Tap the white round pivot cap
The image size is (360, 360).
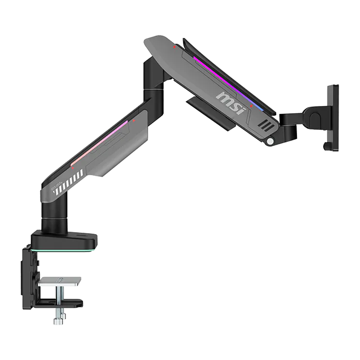click(271, 141)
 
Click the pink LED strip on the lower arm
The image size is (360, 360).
click(99, 143)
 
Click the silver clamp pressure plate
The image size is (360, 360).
click(60, 282)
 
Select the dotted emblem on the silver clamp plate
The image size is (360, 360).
click(60, 280)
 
